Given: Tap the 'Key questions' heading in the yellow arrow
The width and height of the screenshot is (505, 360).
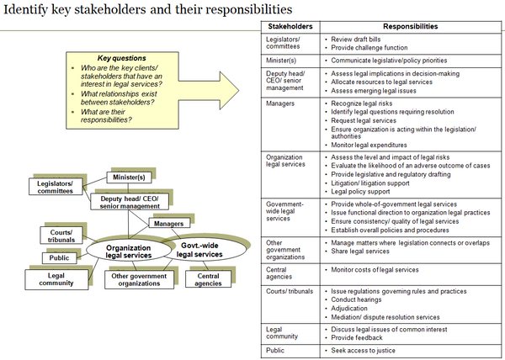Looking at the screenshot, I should [x=111, y=58].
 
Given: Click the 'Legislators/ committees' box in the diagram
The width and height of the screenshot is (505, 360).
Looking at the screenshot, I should [x=55, y=187].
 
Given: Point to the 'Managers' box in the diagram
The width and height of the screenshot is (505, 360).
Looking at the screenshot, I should [x=169, y=223].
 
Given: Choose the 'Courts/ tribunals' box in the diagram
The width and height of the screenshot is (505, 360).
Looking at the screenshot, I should [x=61, y=236].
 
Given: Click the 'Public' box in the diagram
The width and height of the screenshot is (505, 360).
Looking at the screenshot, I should [x=60, y=257].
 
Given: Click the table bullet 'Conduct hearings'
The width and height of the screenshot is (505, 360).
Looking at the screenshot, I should [x=356, y=299].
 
